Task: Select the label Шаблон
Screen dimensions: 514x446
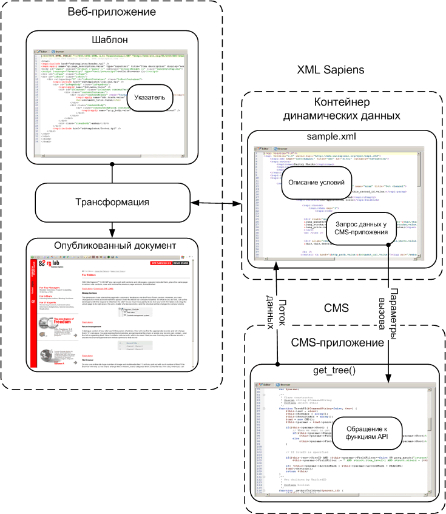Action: [x=110, y=40]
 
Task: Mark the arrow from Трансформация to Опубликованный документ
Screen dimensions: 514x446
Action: [x=112, y=228]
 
